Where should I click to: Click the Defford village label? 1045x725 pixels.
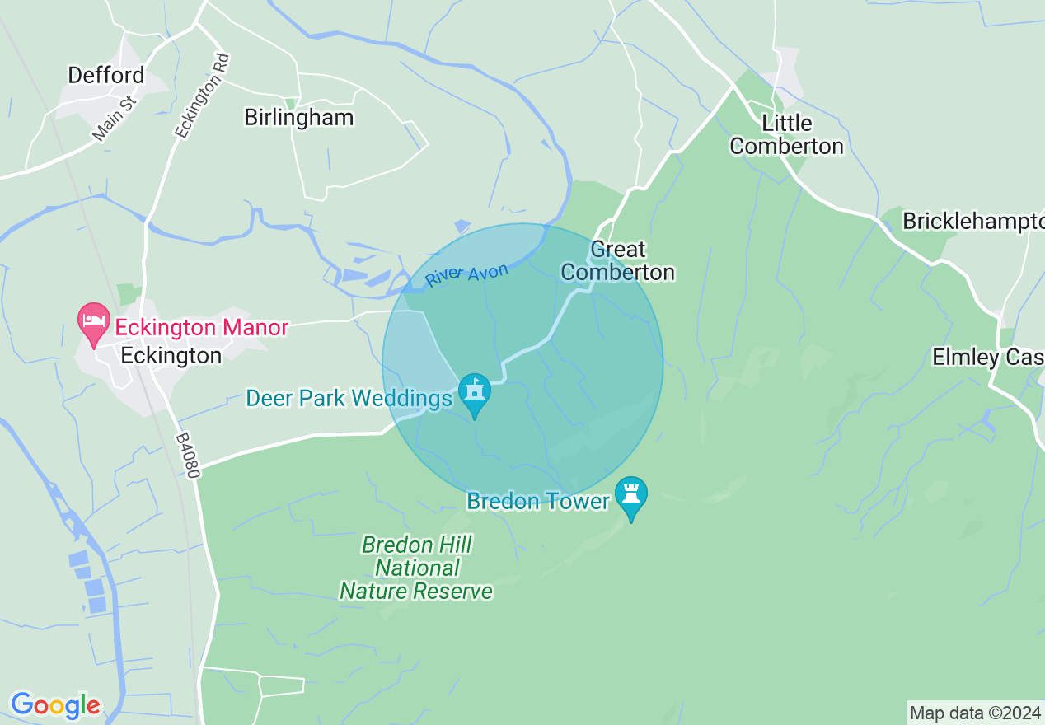(105, 75)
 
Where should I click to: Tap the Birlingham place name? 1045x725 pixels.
(298, 117)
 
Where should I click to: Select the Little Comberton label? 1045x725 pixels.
(786, 135)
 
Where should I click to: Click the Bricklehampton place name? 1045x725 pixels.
(972, 221)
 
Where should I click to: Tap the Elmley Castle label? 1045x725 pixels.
(987, 357)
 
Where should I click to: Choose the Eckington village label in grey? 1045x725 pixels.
(171, 355)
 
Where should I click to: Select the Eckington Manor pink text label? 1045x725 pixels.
(201, 328)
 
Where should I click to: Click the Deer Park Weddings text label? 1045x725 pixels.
(349, 399)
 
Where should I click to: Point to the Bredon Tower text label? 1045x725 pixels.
(538, 501)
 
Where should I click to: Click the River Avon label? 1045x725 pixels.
(466, 275)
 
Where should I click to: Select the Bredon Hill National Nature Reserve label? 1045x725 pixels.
(416, 568)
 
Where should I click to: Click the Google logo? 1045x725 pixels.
(55, 705)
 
